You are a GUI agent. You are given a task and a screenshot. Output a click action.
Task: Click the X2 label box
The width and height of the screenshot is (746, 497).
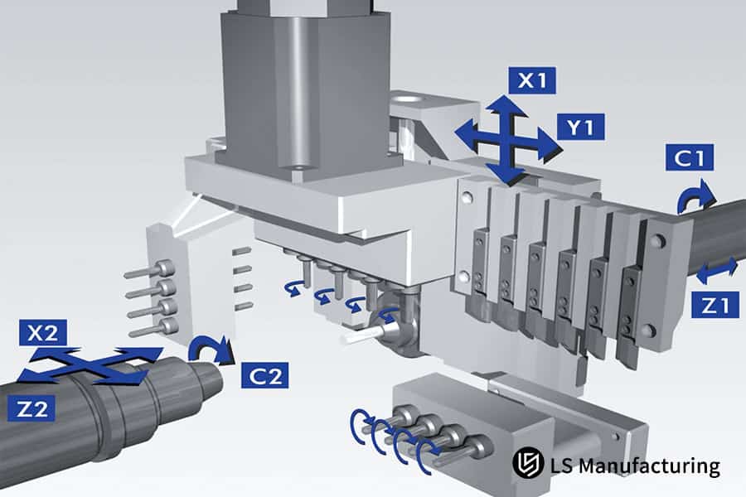pyautogui.click(x=41, y=335)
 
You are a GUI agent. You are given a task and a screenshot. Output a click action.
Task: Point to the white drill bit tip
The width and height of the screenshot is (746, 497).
pyautogui.click(x=352, y=338)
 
